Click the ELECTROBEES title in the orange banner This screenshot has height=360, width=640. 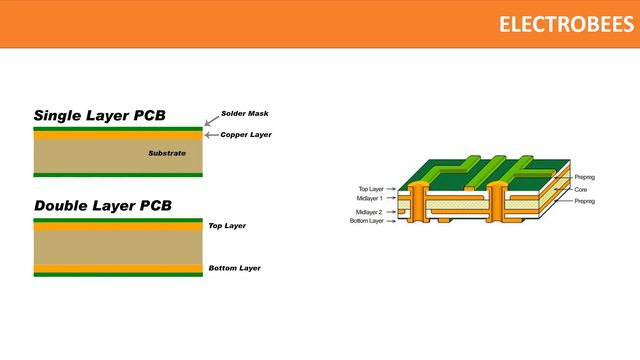pyautogui.click(x=566, y=24)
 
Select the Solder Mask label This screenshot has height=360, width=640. pyautogui.click(x=244, y=113)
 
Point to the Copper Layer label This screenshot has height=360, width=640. pyautogui.click(x=246, y=134)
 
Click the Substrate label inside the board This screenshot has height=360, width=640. pyautogui.click(x=167, y=153)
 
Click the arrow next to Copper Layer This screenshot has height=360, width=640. pyautogui.click(x=211, y=134)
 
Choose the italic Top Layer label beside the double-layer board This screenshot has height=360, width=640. pyautogui.click(x=227, y=226)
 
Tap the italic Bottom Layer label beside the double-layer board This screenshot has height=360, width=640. pyautogui.click(x=234, y=268)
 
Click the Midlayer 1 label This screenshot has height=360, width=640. pyautogui.click(x=369, y=198)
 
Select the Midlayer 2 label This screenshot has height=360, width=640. pyautogui.click(x=369, y=212)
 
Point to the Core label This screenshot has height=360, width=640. pyautogui.click(x=580, y=188)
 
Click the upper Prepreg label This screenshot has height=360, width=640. pyautogui.click(x=585, y=176)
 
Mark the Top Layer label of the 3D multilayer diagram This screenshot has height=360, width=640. pyautogui.click(x=371, y=188)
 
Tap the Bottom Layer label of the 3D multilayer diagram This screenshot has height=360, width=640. pyautogui.click(x=367, y=220)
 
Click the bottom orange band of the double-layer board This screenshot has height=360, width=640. pyautogui.click(x=118, y=268)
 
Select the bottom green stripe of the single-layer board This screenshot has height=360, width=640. pyautogui.click(x=118, y=175)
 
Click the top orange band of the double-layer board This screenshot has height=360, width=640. pyautogui.click(x=118, y=226)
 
